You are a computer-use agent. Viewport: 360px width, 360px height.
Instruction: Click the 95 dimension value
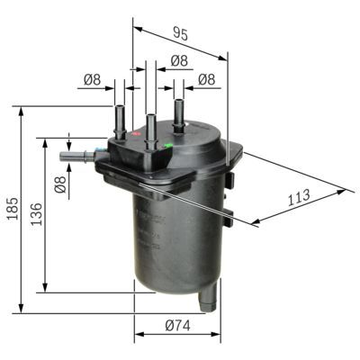[x=181, y=34]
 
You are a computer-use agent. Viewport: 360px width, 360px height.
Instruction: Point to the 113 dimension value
[x=299, y=195]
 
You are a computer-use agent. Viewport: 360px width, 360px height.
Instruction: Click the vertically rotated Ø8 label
[x=59, y=185]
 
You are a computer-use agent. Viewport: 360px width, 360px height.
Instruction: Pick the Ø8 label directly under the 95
[x=178, y=60]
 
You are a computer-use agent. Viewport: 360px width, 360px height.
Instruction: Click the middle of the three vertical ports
[x=150, y=124]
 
